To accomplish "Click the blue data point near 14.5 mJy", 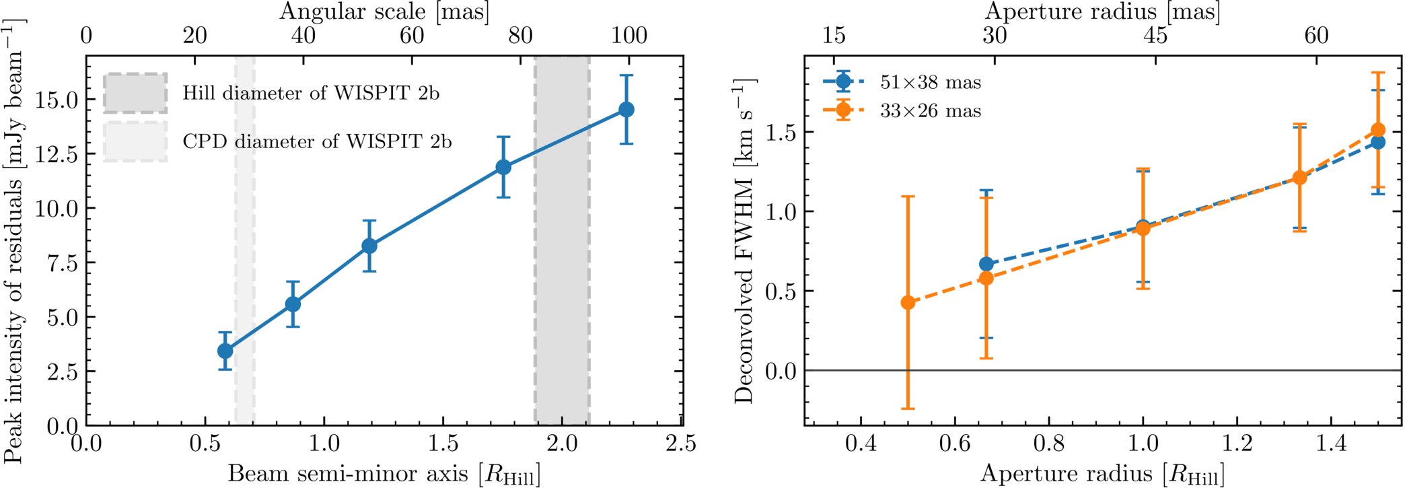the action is [x=626, y=109].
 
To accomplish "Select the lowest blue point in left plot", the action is [x=225, y=351].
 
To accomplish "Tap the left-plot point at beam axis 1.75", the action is [x=503, y=167].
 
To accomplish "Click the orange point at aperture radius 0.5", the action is [x=908, y=302].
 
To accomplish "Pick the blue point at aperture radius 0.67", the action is [x=986, y=264].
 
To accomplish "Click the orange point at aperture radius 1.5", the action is [x=1378, y=130].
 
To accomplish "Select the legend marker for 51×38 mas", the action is [x=844, y=82].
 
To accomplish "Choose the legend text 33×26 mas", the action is [x=931, y=110].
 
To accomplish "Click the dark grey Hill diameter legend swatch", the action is [x=135, y=93].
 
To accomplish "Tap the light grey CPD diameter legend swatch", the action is [x=135, y=141].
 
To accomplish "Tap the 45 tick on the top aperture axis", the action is [x=1155, y=35].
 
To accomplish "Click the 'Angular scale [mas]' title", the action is [x=384, y=11].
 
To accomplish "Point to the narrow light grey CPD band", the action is [x=245, y=240].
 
